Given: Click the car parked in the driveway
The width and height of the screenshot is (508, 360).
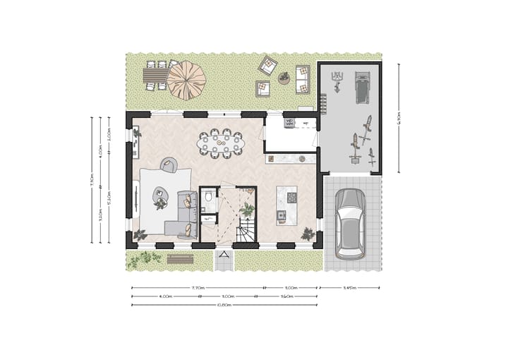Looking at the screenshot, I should pos(350,223).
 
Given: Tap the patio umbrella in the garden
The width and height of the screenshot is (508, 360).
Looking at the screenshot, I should pos(186,80).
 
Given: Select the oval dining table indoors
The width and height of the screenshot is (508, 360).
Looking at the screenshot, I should pos(222,144).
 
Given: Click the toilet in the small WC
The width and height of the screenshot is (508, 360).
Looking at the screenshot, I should pos(207,200).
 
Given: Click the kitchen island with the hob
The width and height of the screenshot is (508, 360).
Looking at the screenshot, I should pos(286,205).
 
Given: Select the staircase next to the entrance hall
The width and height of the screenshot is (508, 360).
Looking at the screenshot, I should pos(246,229).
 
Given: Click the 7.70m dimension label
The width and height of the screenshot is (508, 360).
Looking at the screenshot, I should pos(198,288).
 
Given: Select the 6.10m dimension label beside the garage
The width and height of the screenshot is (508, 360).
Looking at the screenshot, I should pos(399,117).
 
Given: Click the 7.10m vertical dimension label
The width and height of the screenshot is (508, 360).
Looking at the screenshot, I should pos(92,181).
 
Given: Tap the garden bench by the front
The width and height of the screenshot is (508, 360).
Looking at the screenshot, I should pos(180,258).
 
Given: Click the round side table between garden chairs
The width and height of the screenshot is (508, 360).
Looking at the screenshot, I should pos(284,78).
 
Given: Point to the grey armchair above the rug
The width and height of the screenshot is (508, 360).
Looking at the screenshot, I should pos(169,165).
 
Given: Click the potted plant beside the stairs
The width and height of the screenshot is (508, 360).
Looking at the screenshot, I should pos(248,210).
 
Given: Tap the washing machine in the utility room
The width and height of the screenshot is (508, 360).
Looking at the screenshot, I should pos(290,123).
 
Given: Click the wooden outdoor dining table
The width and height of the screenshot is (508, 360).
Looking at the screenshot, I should pos(155,74).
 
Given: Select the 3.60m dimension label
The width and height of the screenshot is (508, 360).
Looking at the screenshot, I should pos(288,296).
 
